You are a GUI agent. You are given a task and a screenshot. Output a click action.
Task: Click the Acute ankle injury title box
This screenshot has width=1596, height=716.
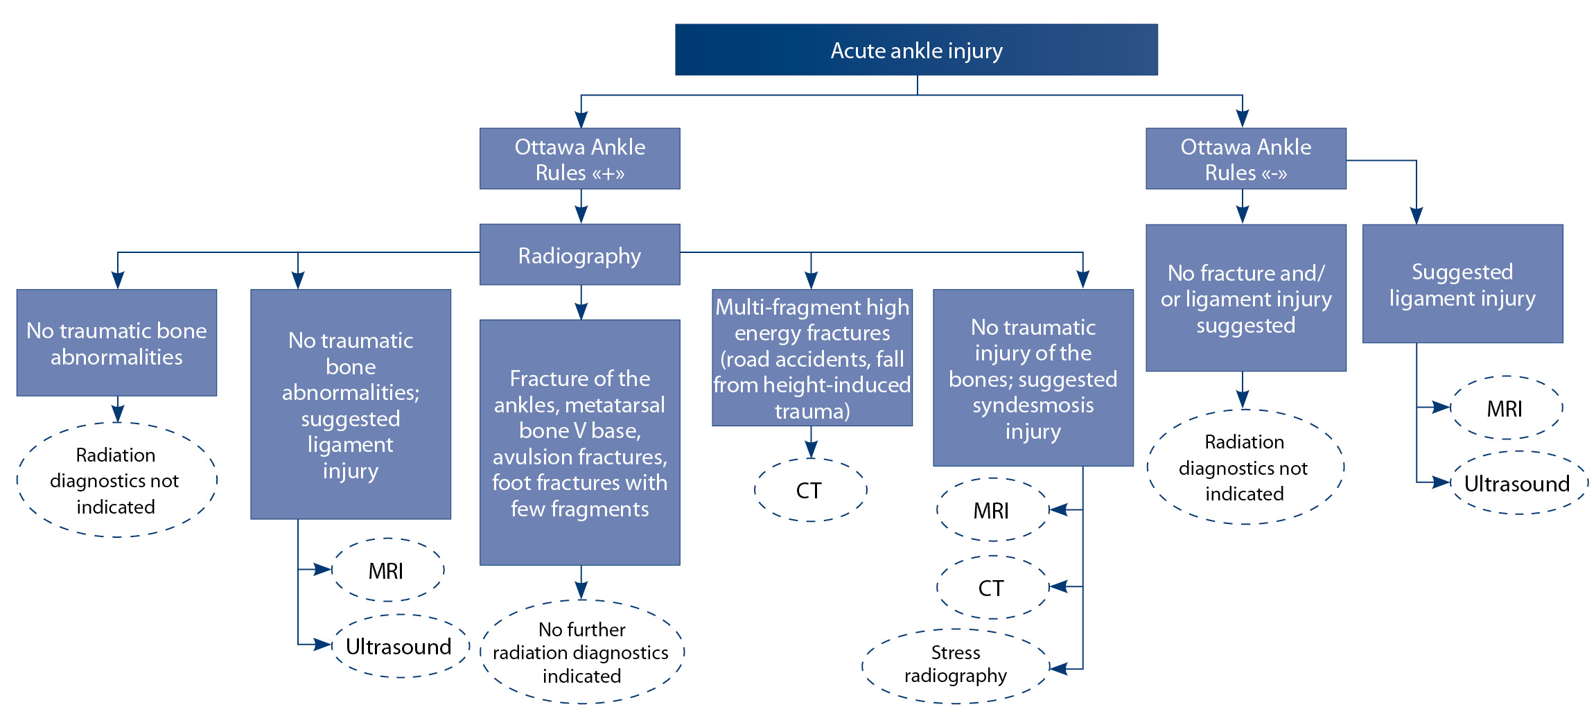click(x=915, y=50)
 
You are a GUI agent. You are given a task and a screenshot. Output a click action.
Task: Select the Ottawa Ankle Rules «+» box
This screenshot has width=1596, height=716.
click(x=579, y=159)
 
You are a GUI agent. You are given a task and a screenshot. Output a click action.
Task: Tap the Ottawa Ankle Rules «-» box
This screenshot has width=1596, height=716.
click(x=1245, y=159)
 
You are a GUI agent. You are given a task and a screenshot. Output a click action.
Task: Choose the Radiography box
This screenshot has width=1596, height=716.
click(x=579, y=255)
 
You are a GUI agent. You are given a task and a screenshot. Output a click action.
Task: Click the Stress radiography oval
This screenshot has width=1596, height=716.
click(x=955, y=665)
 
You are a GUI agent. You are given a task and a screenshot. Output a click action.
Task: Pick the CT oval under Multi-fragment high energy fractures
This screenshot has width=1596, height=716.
click(x=809, y=490)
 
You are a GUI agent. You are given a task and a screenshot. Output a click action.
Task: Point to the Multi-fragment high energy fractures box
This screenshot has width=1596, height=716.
click(x=812, y=358)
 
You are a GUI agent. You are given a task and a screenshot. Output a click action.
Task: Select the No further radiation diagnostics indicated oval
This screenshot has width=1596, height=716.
click(x=581, y=652)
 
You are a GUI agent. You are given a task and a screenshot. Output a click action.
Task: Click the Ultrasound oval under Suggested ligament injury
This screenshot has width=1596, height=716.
click(x=1518, y=483)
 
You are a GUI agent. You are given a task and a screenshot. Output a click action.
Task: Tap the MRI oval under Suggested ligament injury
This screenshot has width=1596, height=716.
click(x=1505, y=408)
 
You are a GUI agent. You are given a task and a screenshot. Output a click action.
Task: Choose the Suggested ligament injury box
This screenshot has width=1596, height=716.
click(x=1462, y=284)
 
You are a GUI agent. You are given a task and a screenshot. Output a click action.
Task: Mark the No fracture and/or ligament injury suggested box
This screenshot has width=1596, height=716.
click(x=1245, y=298)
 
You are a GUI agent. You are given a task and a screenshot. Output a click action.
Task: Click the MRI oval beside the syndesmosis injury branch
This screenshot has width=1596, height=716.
click(x=992, y=510)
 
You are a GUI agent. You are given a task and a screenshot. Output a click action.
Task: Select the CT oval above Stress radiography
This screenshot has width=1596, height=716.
click(x=992, y=588)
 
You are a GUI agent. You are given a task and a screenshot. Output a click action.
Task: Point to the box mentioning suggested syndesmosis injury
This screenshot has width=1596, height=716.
click(x=1033, y=378)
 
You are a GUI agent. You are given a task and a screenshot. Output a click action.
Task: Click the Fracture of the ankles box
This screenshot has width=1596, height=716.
click(x=579, y=442)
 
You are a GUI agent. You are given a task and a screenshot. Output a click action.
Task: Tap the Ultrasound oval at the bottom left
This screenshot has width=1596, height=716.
click(x=399, y=646)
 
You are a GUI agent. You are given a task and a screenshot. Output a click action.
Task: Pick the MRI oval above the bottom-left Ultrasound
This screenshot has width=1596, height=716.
click(x=387, y=570)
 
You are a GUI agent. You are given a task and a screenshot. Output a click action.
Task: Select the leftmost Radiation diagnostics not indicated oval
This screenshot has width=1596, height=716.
click(x=116, y=480)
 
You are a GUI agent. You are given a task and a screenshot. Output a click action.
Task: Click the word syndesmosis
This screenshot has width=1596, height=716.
click(x=1033, y=405)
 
